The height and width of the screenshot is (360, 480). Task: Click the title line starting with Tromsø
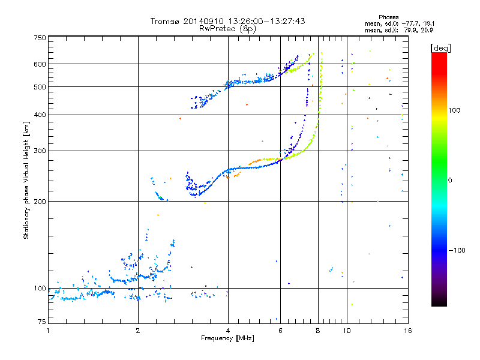tap(227, 21)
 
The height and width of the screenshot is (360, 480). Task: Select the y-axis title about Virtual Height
tap(26, 180)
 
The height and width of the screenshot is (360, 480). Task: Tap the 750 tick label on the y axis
tap(39, 37)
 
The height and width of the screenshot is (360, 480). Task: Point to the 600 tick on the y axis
tap(39, 64)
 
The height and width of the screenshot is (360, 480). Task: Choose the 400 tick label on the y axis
tap(39, 115)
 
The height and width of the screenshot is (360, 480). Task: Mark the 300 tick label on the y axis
tap(39, 151)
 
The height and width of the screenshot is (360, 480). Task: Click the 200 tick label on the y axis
tap(39, 201)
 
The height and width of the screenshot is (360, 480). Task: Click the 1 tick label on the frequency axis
tap(48, 331)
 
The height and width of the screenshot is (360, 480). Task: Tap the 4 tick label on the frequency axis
tap(227, 331)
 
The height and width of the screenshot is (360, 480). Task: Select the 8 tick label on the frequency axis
tap(317, 331)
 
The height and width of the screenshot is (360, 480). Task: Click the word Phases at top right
tap(389, 17)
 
